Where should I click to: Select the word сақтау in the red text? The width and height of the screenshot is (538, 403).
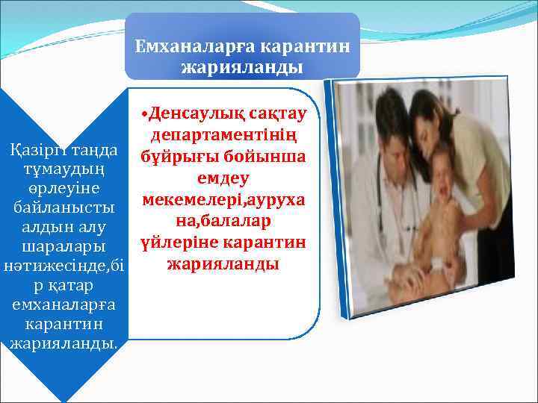[276, 114]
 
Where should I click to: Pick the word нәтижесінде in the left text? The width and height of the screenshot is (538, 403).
[52, 266]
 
